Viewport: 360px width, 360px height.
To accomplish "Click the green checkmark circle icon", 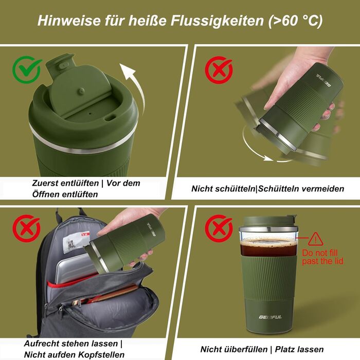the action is [x=27, y=69].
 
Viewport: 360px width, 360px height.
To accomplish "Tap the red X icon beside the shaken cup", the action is [x=219, y=69].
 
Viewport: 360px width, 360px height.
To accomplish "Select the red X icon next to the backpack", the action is [x=27, y=228].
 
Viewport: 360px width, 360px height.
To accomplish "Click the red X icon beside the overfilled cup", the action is [x=219, y=228].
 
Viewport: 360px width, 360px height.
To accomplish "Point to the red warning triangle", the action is [x=316, y=239].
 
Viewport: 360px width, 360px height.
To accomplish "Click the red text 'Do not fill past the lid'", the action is [x=322, y=257].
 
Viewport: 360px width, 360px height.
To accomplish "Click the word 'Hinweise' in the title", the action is [x=69, y=21].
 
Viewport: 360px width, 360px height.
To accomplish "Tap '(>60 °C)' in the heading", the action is [x=296, y=21].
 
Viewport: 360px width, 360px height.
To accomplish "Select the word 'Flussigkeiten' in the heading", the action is [x=217, y=21].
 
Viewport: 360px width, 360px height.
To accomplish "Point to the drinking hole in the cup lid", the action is [x=111, y=118].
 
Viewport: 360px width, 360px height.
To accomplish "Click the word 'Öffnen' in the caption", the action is [x=46, y=194].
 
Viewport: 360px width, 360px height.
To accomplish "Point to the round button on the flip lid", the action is [x=81, y=91].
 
